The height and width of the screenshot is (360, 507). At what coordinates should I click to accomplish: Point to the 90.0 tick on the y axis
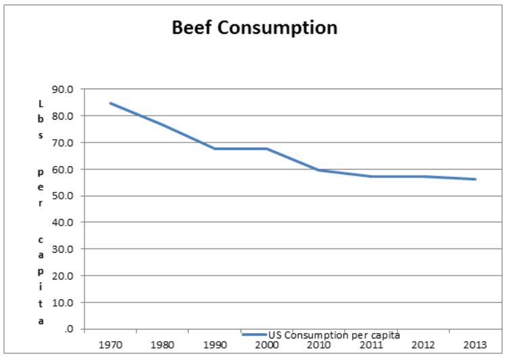pos(70,89)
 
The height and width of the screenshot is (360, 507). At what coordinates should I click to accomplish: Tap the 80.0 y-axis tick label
pos(70,115)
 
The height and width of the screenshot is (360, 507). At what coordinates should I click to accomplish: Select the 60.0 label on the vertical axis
pos(70,169)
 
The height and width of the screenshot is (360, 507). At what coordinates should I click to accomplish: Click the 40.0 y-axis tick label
pos(70,222)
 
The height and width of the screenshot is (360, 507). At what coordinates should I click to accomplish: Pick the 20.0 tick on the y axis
pos(70,276)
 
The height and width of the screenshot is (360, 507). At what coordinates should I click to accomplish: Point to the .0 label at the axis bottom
pos(74,329)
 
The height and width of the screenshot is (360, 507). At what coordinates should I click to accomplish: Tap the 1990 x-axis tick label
pos(215,344)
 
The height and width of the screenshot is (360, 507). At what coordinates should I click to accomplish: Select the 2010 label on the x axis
pos(319,344)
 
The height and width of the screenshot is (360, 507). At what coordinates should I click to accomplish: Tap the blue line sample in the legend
pos(254,334)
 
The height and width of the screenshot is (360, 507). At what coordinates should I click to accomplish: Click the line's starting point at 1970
pos(110,103)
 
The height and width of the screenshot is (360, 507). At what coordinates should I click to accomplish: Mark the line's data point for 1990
pos(215,149)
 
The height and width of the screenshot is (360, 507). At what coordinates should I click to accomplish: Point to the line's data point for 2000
pos(267,149)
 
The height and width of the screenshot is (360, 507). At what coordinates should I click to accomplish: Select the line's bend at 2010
pos(319,170)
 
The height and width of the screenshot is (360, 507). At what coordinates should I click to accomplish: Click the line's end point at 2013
pos(475,179)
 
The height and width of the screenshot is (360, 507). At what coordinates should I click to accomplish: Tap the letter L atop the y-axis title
pos(41,103)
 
